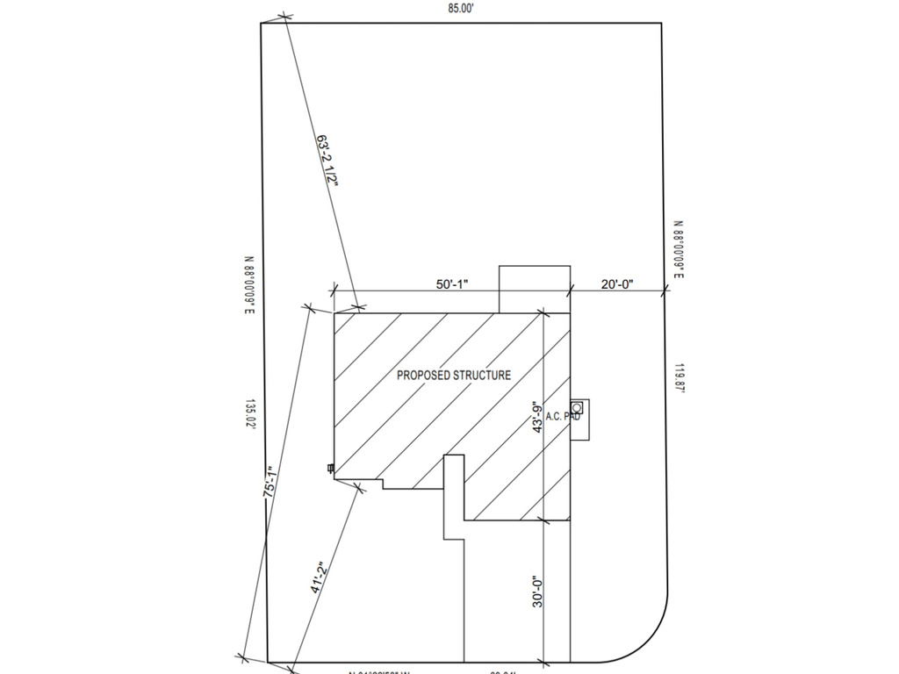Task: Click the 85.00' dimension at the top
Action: pos(461,9)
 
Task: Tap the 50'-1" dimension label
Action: pos(452,284)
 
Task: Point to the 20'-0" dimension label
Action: pos(617,284)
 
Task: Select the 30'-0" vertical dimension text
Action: pos(538,592)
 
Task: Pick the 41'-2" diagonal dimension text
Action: pos(321,578)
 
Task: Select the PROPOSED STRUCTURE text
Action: pos(453,376)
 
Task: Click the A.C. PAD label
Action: pos(563,417)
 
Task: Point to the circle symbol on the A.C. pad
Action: pos(577,407)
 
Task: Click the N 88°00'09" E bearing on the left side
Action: pos(249,285)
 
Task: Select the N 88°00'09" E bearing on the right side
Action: pos(680,251)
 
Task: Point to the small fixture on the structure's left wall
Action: pos(331,469)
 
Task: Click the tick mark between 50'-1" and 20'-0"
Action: pos(571,290)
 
